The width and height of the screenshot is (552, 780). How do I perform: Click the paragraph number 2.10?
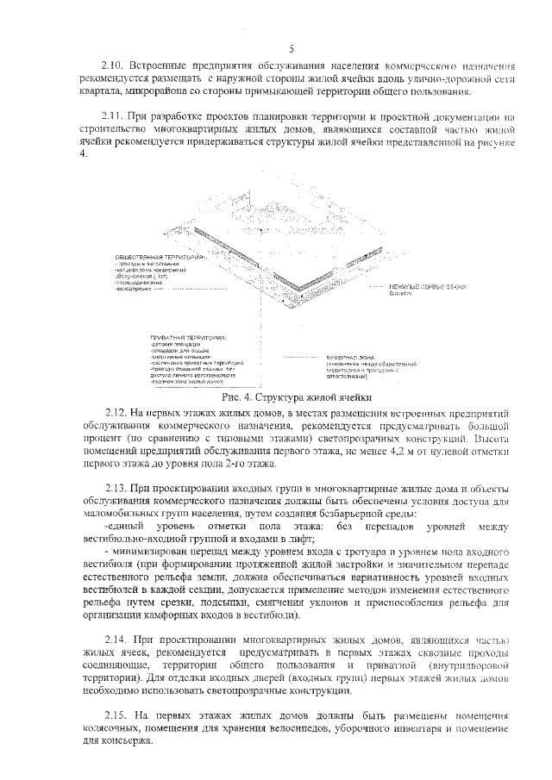[x=113, y=66]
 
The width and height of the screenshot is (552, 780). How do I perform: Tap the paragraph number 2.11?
[x=113, y=115]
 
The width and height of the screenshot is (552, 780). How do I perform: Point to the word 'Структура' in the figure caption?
[x=284, y=397]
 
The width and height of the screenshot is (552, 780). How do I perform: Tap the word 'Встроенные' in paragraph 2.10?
[x=160, y=66]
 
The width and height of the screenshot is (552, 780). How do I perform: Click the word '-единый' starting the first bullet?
[x=123, y=526]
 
